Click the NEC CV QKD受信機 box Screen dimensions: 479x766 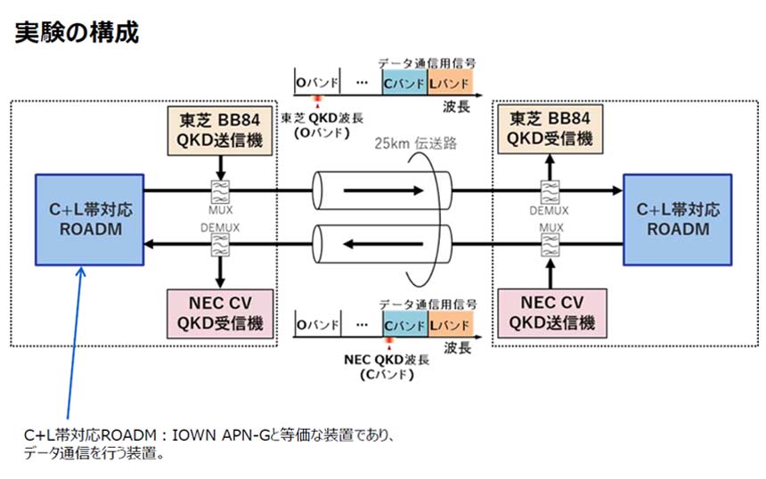pyautogui.click(x=218, y=313)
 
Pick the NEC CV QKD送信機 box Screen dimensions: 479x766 pyautogui.click(x=549, y=313)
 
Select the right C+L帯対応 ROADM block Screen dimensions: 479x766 pyautogui.click(x=677, y=220)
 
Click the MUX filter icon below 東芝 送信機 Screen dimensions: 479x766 pyautogui.click(x=218, y=191)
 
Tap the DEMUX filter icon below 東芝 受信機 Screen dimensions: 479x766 pyautogui.click(x=549, y=191)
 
